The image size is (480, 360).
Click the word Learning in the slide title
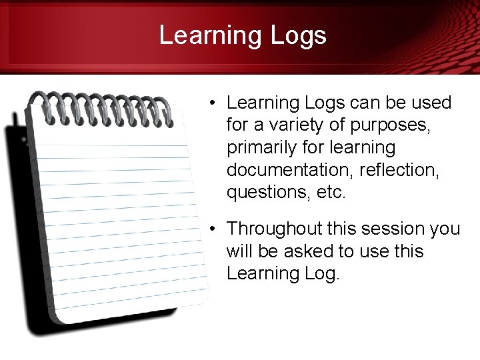click(208, 35)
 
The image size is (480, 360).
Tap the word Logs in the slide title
click(298, 35)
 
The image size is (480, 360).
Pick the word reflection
click(399, 170)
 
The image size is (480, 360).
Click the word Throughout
click(276, 229)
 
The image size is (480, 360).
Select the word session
click(392, 229)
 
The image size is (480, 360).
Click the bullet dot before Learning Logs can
click(210, 103)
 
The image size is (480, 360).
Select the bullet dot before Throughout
click(210, 229)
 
